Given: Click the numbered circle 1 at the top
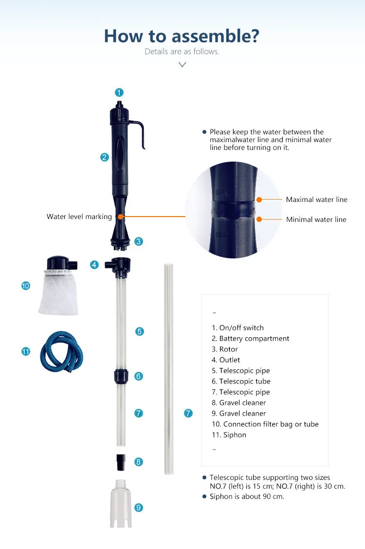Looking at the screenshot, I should [x=119, y=92].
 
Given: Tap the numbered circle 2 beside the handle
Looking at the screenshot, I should [x=104, y=157].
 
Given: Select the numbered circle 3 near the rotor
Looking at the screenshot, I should [x=139, y=241].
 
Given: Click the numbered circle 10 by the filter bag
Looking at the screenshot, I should [x=25, y=286].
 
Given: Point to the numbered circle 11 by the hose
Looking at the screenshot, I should [x=25, y=351].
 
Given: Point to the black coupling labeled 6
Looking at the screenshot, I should [x=120, y=376].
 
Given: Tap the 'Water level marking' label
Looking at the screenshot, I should [x=79, y=217].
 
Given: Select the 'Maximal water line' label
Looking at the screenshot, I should [x=316, y=200].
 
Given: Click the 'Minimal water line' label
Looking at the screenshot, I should [x=316, y=220].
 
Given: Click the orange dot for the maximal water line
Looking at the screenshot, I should [x=259, y=200].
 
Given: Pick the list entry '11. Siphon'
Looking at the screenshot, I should [x=229, y=435].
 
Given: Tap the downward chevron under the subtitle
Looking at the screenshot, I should [x=182, y=64].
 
